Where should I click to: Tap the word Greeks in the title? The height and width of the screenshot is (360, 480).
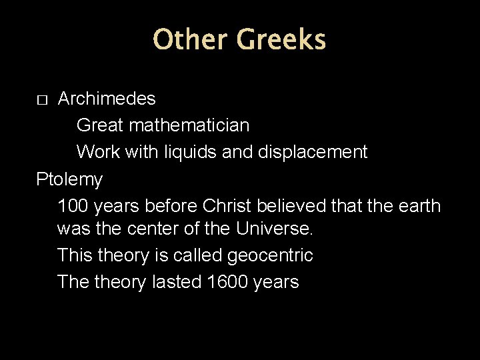tap(281, 39)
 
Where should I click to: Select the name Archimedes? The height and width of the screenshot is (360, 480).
tap(107, 99)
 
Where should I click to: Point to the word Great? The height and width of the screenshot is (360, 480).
tap(100, 125)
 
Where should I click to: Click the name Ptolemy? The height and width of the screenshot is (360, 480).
tap(69, 179)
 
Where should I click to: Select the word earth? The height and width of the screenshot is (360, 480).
tap(419, 205)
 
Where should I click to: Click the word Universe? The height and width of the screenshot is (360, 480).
tap(274, 229)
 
